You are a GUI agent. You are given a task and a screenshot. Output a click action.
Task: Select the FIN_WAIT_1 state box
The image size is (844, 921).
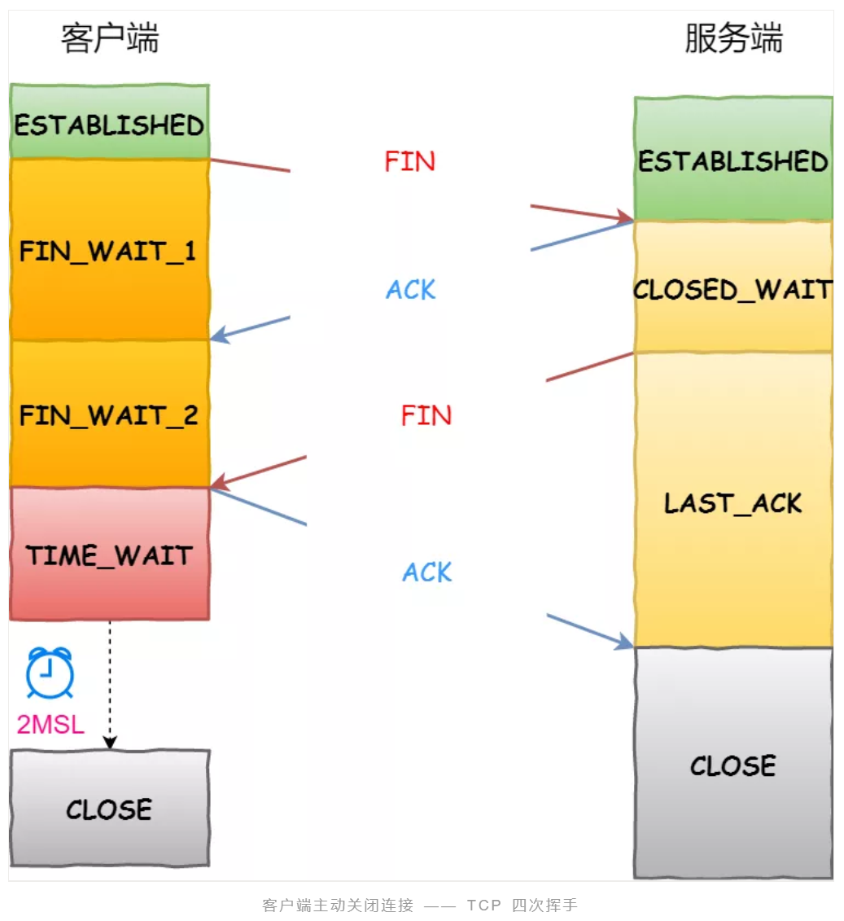point(109,249)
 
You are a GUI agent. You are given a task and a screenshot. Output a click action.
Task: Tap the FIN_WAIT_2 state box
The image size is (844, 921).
point(109,414)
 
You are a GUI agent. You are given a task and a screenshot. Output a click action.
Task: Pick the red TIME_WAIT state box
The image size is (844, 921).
point(109,555)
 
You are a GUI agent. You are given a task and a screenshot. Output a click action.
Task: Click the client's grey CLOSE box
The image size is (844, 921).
point(109,808)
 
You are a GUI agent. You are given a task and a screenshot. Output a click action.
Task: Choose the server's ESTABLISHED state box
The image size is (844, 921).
point(732,160)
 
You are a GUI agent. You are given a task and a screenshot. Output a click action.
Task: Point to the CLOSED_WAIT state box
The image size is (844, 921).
point(732,288)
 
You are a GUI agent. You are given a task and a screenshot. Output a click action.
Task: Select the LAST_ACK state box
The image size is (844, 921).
point(732,502)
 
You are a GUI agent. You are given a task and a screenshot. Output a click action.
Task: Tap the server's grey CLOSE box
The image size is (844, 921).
point(732,764)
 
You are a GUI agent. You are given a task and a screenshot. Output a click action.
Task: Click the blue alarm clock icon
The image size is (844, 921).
point(50,673)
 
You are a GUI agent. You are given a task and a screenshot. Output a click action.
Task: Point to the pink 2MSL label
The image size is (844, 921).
point(50,724)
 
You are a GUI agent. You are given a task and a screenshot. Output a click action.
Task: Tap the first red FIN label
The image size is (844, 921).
point(409,161)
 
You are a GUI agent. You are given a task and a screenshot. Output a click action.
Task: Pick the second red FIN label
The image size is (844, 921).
point(426,416)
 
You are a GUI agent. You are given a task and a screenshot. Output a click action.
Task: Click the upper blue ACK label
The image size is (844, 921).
point(411,289)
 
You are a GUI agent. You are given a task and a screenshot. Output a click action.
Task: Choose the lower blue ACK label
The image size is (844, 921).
point(427,572)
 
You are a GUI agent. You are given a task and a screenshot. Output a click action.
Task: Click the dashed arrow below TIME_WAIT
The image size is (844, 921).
point(110,684)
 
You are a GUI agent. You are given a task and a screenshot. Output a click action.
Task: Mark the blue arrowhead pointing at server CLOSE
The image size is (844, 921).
point(625,643)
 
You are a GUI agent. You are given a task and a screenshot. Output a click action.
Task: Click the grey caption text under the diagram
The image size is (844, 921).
point(420,905)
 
